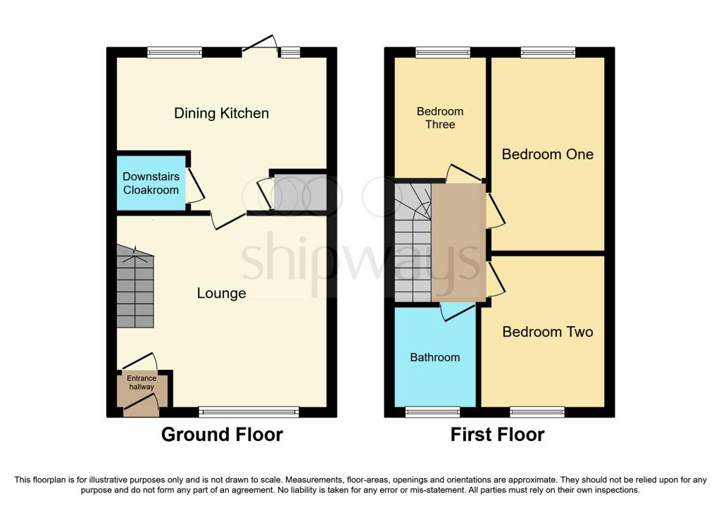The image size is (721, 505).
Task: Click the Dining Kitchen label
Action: click(221, 113)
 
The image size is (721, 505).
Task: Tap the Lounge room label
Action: click(221, 294)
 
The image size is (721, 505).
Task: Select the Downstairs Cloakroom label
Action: click(151, 183)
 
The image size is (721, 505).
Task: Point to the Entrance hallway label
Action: click(142, 382)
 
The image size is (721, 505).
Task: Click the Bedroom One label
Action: click(547, 154)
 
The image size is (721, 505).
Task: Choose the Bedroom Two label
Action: click(547, 332)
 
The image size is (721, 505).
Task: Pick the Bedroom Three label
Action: click(440, 118)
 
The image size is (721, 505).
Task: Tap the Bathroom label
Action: click(434, 357)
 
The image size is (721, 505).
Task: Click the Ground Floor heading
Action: click(222, 435)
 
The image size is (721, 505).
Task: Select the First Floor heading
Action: click(498, 435)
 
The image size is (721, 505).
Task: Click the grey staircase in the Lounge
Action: click(135, 287)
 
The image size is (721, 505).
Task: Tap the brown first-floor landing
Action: click(458, 242)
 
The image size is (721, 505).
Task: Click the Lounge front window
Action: click(249, 412)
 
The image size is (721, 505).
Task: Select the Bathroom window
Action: click(432, 412)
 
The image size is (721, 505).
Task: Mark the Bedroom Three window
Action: click(443, 52)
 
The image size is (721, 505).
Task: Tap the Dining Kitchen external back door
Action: click(260, 44)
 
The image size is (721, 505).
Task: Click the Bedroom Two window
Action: click(537, 412)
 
